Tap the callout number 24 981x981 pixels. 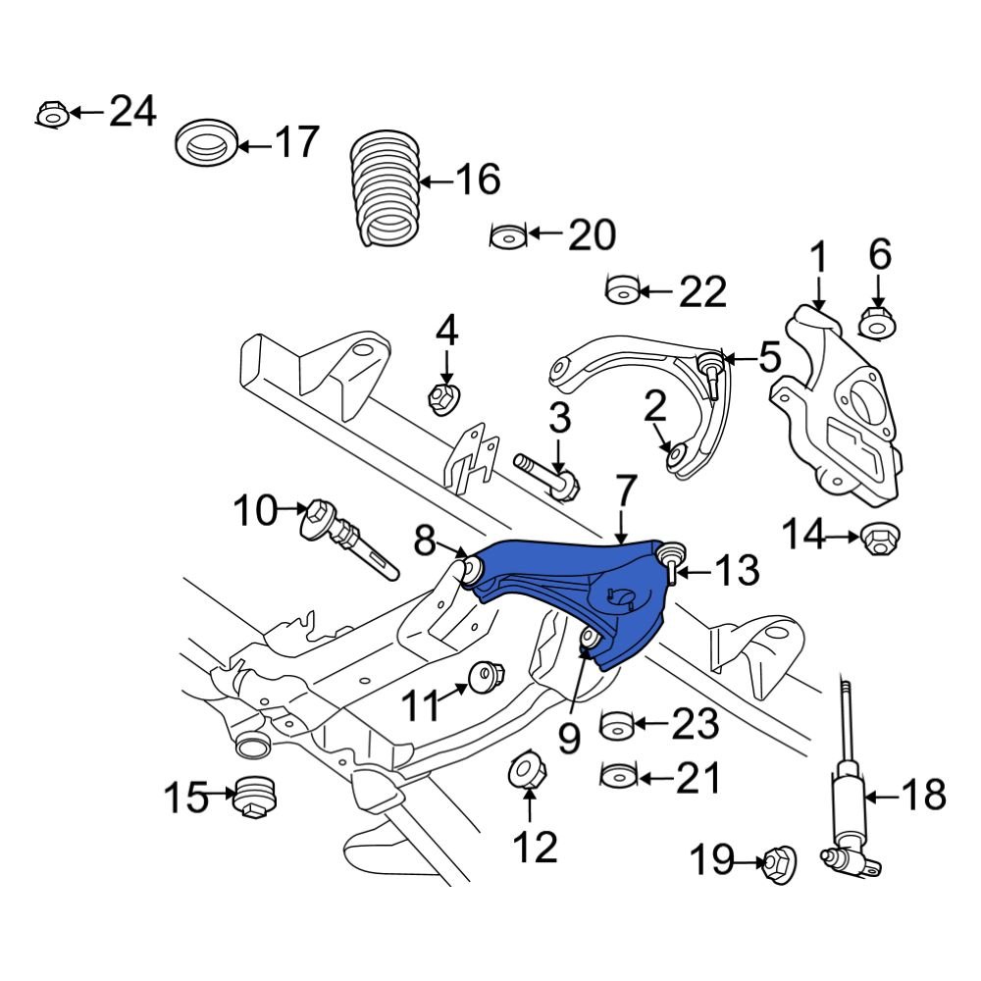pyautogui.click(x=132, y=112)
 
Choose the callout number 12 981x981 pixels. pyautogui.click(x=534, y=847)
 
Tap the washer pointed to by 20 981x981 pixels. pyautogui.click(x=508, y=235)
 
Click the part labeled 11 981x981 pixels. pyautogui.click(x=486, y=678)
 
